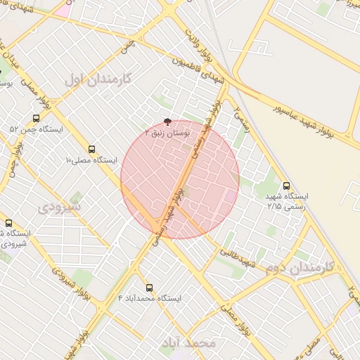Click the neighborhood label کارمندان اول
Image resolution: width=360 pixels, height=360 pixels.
(x=98, y=79)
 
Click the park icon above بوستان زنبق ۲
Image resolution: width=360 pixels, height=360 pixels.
(x=167, y=121)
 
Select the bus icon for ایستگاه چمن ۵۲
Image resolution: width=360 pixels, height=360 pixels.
(x=37, y=119)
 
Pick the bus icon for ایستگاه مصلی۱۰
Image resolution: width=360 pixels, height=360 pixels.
(x=91, y=149)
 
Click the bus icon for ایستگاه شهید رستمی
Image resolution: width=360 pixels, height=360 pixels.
(x=285, y=186)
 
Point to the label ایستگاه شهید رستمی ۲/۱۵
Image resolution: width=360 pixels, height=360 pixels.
(x=284, y=201)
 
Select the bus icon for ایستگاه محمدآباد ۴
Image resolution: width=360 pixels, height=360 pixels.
(x=148, y=287)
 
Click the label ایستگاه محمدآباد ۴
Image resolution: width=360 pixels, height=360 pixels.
(x=149, y=298)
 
